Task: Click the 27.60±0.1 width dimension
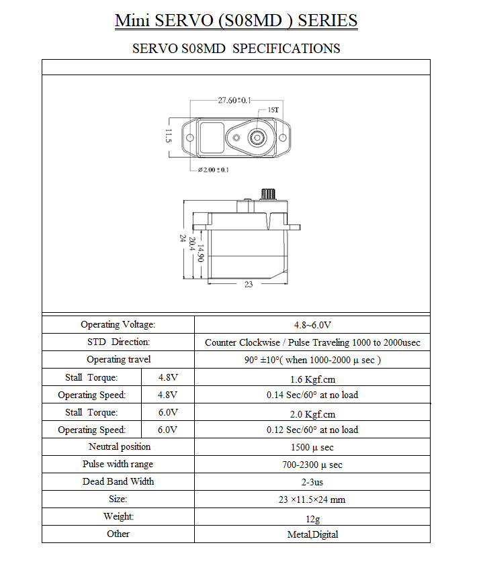(234, 100)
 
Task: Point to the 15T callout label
(273, 110)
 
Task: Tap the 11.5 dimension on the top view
(168, 136)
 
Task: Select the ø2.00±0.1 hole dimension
(213, 170)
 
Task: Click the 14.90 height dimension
(201, 253)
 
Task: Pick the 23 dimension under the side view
(249, 284)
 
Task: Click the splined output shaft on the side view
(268, 194)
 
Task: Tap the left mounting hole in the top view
(190, 138)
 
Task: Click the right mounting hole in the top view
(283, 138)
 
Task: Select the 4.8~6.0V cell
(312, 325)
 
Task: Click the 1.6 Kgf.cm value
(312, 379)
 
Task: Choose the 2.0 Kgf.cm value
(312, 414)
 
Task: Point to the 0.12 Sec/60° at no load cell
(312, 430)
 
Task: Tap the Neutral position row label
(120, 447)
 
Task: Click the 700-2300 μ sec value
(312, 465)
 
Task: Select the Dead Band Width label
(118, 481)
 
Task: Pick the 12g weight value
(313, 519)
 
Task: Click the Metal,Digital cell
(312, 534)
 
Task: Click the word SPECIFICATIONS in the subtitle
(286, 48)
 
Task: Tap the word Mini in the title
(132, 20)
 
